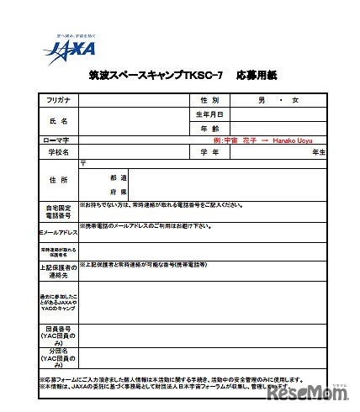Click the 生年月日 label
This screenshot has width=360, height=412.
[x=209, y=114]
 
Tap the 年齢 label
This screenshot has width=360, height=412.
[x=209, y=128]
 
